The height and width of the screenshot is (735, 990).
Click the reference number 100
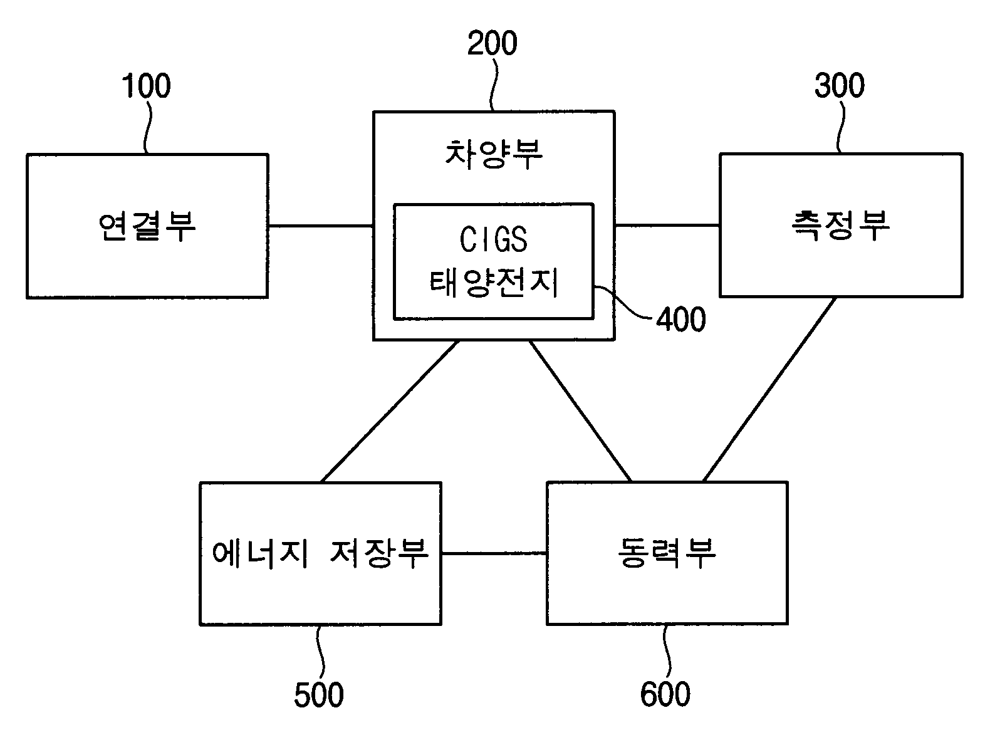(147, 86)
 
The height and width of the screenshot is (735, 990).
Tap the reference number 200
(492, 43)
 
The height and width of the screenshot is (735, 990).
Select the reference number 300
(840, 86)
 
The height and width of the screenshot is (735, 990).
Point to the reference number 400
(680, 320)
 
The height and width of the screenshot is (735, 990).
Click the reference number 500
(319, 695)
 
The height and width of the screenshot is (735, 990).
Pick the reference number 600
(665, 694)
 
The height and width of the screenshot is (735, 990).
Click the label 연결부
(147, 227)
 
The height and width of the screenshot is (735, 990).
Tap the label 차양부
(494, 155)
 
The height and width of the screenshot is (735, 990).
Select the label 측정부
(840, 226)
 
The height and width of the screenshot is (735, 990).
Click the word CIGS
(494, 240)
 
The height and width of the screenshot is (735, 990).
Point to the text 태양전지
(494, 283)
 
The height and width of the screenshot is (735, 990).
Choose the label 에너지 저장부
(320, 554)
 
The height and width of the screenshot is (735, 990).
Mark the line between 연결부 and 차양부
(320, 226)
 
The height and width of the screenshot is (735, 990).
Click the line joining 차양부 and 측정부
(667, 226)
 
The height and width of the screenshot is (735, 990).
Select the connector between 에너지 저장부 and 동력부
(494, 554)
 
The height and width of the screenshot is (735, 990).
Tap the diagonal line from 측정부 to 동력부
(769, 389)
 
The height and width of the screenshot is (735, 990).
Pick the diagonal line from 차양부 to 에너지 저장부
(390, 412)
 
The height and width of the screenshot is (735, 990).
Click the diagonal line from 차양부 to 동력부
(580, 411)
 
